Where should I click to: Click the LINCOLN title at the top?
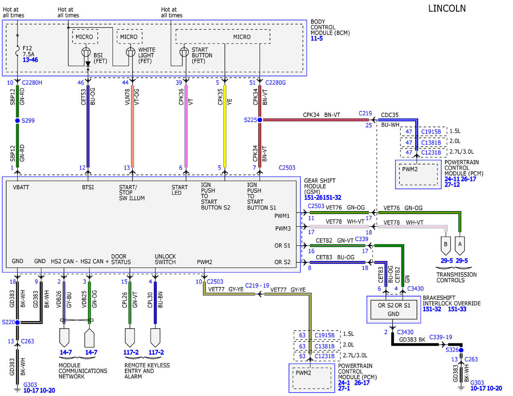(447, 9)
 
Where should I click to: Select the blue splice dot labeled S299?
(18, 120)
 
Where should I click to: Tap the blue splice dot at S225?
(259, 120)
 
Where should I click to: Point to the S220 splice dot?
(18, 322)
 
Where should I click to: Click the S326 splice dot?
(461, 350)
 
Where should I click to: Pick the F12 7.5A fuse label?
(29, 51)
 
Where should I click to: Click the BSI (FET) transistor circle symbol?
(86, 52)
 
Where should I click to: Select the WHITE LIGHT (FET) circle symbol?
(130, 52)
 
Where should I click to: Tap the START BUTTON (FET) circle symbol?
(184, 52)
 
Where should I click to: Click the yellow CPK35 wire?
(225, 126)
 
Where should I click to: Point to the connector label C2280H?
(32, 82)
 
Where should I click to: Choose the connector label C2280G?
(275, 82)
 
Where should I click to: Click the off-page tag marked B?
(445, 246)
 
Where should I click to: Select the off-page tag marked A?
(460, 246)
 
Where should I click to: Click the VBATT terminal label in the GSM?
(21, 187)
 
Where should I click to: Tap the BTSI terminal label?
(88, 187)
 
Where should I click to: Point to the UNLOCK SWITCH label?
(165, 259)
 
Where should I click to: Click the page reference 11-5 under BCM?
(317, 38)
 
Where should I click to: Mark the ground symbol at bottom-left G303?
(17, 389)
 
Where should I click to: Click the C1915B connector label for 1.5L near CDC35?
(431, 132)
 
